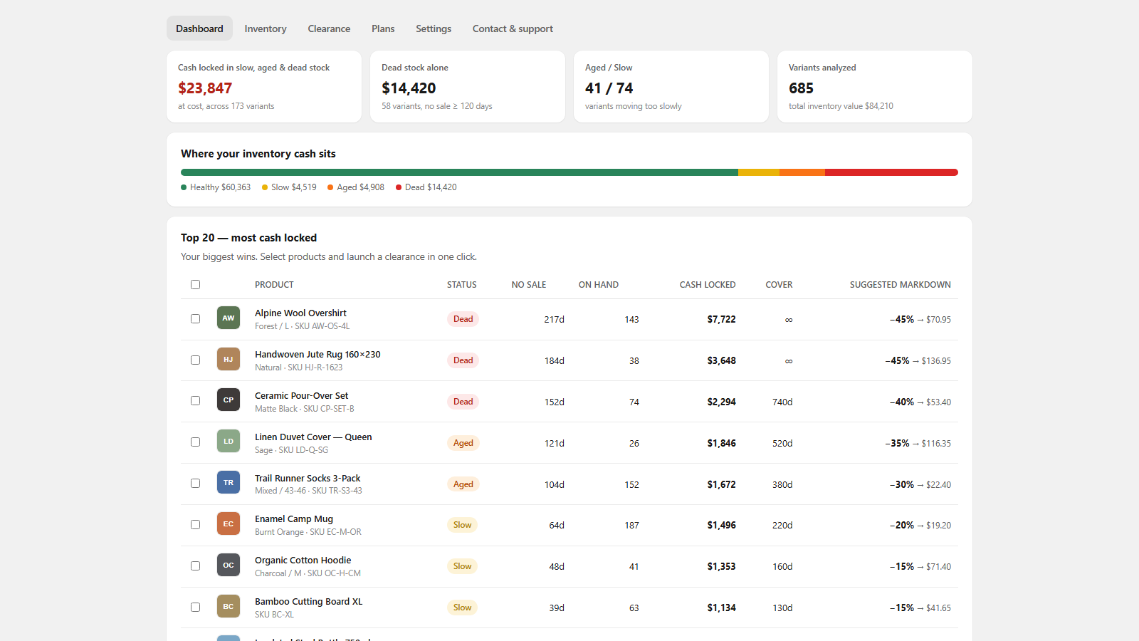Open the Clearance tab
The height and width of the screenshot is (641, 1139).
coord(328,28)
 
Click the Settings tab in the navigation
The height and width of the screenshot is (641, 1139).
coord(434,28)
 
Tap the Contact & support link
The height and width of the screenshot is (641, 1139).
coord(513,28)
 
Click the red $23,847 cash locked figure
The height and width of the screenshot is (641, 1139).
coord(205,88)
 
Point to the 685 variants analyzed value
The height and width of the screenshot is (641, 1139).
coord(801,88)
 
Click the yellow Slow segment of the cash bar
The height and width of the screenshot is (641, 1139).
coord(759,172)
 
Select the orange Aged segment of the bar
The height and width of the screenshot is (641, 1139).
coord(802,172)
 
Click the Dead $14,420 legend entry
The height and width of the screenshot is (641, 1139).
coord(426,187)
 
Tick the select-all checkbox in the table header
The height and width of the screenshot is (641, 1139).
coord(195,284)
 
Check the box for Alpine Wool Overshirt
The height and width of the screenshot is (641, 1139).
coord(195,319)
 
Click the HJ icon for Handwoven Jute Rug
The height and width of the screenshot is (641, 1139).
coord(229,359)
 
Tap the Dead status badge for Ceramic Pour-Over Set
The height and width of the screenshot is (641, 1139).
coord(463,402)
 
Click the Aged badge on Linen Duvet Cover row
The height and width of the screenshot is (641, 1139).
coord(463,442)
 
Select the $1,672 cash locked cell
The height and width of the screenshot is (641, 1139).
coord(721,484)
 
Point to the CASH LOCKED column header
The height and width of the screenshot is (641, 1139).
coord(708,284)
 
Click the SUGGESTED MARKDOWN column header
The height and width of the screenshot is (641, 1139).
coord(900,284)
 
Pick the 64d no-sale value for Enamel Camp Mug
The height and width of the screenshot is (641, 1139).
coord(556,525)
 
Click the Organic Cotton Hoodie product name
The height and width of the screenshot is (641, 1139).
coord(303,560)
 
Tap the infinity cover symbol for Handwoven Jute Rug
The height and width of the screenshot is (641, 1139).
coord(788,360)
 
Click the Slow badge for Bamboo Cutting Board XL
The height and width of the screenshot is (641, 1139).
coord(462,608)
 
